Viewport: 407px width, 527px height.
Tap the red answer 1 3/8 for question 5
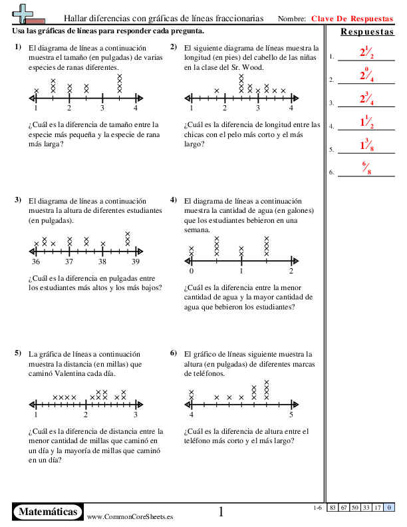click(x=365, y=146)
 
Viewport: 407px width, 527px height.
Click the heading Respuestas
click(x=366, y=33)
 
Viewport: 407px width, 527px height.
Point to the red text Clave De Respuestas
click(x=352, y=19)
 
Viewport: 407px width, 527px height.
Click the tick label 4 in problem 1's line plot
click(x=136, y=108)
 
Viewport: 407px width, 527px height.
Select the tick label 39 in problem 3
click(x=136, y=262)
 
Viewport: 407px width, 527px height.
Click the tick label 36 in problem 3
click(x=35, y=262)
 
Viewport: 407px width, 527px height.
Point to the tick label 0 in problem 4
click(x=192, y=271)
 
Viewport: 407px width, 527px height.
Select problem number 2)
click(x=174, y=47)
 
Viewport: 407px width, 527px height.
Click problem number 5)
click(x=17, y=353)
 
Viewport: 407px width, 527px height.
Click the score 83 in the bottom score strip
click(x=332, y=508)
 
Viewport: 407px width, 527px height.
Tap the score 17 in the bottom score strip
click(x=378, y=508)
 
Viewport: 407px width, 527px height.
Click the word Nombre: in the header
click(x=291, y=19)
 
